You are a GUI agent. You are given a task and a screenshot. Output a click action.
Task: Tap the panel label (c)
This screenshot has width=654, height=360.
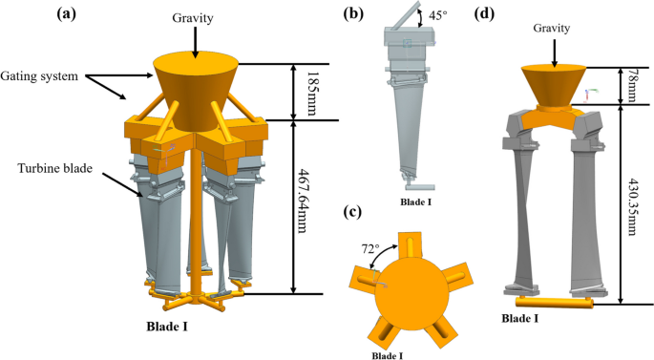[352, 212]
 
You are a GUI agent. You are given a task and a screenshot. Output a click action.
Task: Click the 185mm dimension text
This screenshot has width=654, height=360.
[311, 93]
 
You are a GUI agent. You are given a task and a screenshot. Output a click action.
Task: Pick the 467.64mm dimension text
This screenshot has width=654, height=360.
[302, 201]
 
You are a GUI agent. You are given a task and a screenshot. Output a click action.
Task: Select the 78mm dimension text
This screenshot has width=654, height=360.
[631, 86]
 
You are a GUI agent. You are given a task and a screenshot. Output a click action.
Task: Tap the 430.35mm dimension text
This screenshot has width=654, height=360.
[631, 207]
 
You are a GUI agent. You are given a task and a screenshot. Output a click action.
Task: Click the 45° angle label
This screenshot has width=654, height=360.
[438, 15]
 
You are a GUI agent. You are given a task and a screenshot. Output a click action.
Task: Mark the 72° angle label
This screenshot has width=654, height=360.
[370, 249]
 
